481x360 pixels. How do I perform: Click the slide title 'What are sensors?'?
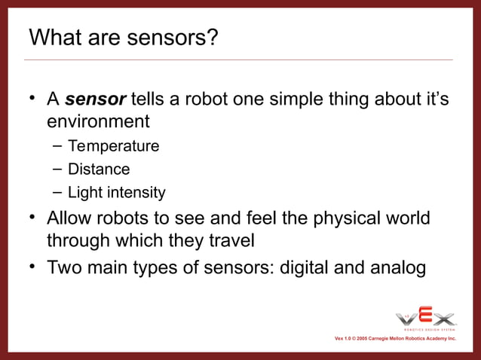(x=123, y=37)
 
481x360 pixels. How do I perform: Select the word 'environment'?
(x=98, y=121)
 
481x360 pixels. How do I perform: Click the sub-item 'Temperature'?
(x=113, y=146)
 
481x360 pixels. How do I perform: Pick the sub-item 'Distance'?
(x=99, y=169)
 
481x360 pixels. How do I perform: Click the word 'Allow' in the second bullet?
(x=72, y=218)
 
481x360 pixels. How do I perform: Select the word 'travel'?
(x=231, y=241)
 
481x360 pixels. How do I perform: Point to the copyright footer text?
(x=395, y=339)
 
